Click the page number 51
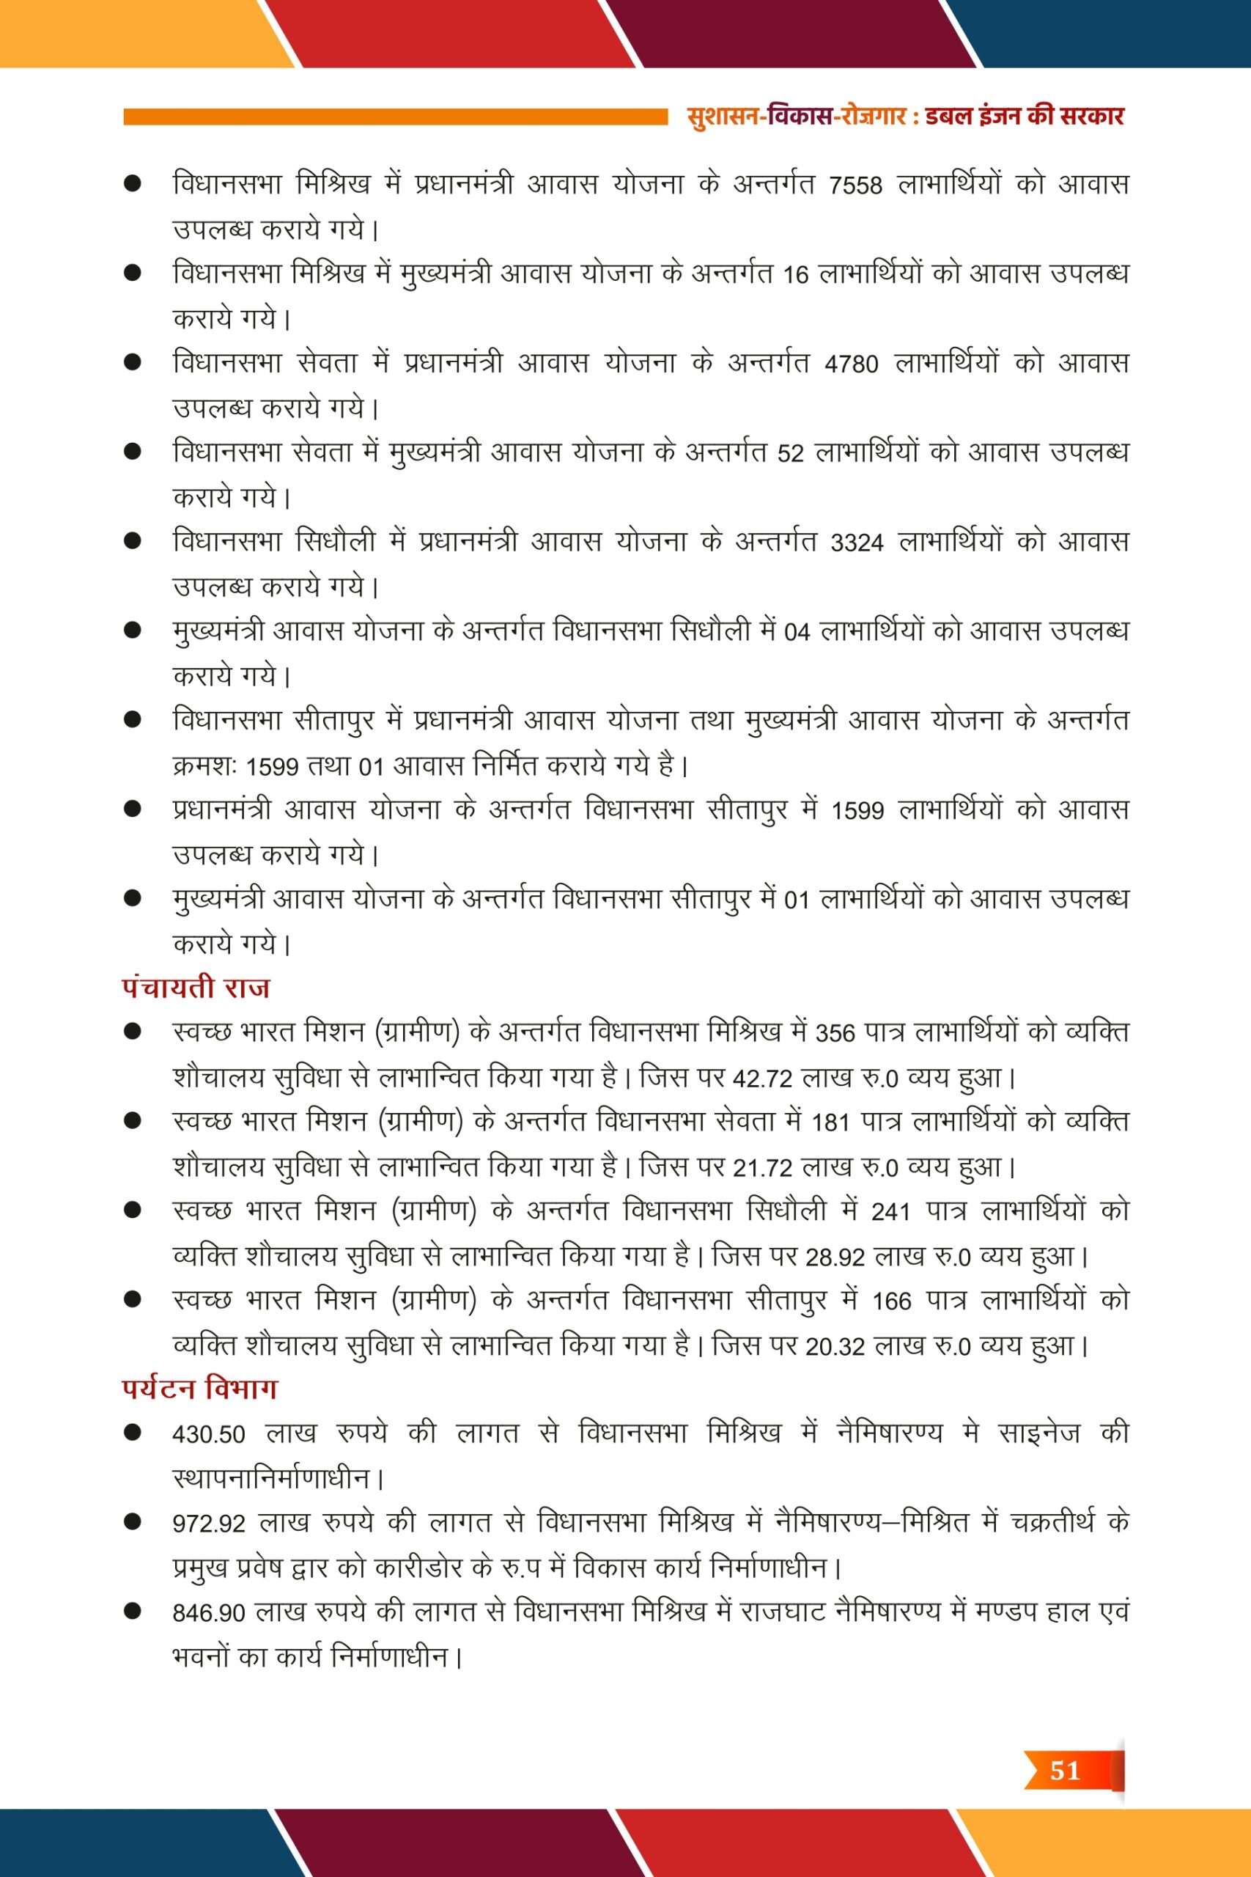tap(1064, 1771)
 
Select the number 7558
tap(855, 186)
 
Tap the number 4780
tap(852, 364)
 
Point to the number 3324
tap(857, 543)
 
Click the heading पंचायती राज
tap(196, 988)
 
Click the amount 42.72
tap(762, 1079)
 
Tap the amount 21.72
tap(762, 1168)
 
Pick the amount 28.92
tap(835, 1257)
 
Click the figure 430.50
tap(209, 1434)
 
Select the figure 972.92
tap(209, 1524)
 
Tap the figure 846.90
tap(209, 1613)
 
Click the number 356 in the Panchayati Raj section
tap(835, 1034)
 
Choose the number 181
tap(830, 1123)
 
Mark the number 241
tap(891, 1212)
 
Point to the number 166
tap(891, 1301)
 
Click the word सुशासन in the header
tap(722, 117)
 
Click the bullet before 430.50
tap(133, 1433)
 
